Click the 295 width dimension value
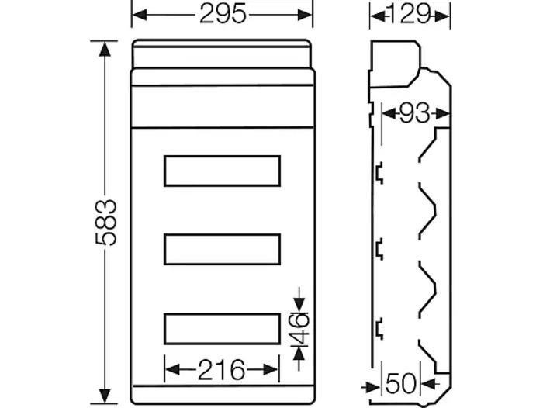(223, 15)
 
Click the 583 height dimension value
(105, 223)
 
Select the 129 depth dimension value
(410, 15)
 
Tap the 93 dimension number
(414, 113)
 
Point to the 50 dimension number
(401, 384)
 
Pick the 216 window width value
(221, 369)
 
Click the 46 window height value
(299, 330)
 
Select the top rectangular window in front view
(222, 171)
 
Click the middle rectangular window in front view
(222, 249)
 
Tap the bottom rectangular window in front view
(222, 329)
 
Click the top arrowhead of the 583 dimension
(105, 49)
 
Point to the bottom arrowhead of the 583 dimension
(105, 396)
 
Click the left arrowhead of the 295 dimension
(140, 15)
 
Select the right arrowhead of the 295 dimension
(304, 15)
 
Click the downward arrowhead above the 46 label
(299, 306)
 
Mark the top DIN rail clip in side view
(379, 173)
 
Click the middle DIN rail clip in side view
(379, 249)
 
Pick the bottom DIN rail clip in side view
(379, 328)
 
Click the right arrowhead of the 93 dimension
(442, 113)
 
